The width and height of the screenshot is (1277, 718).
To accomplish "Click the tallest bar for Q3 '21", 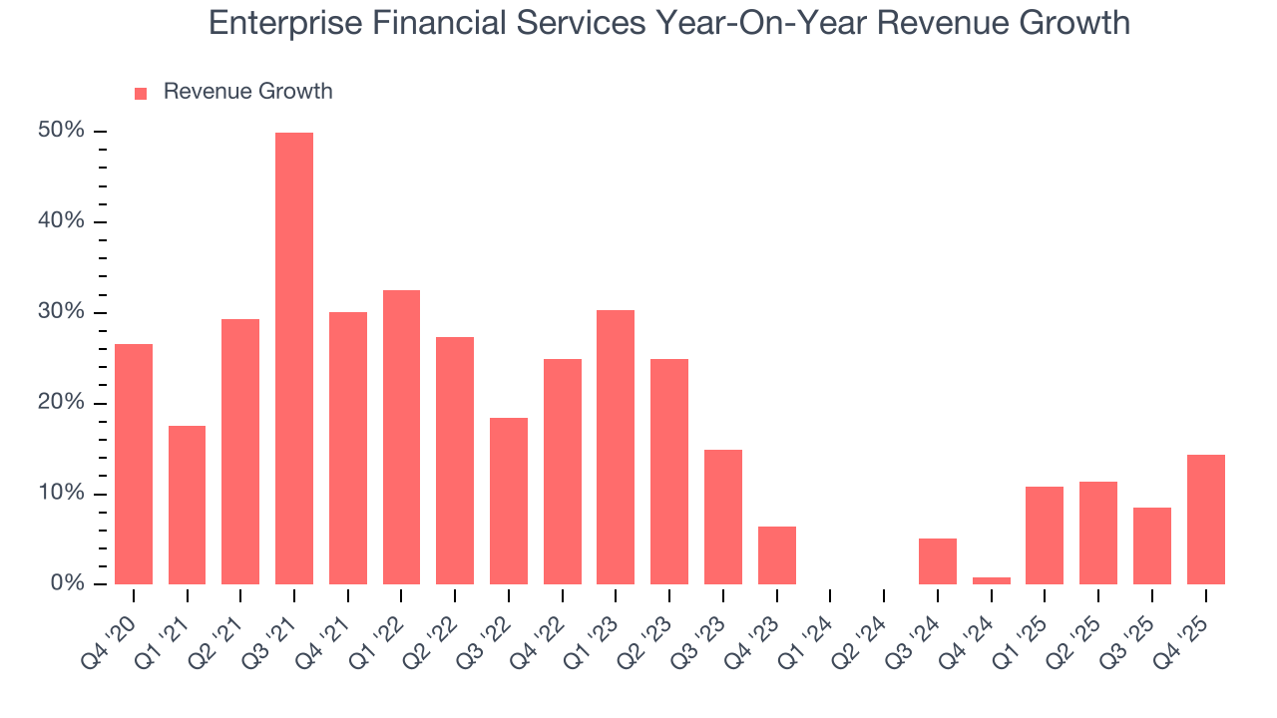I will pyautogui.click(x=294, y=359).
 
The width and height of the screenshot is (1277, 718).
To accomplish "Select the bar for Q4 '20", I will pyautogui.click(x=134, y=465).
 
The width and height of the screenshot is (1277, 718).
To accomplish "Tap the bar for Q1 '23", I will pyautogui.click(x=616, y=448).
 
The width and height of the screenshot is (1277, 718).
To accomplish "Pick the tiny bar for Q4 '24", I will pyautogui.click(x=991, y=580).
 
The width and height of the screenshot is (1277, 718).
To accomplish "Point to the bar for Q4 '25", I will pyautogui.click(x=1205, y=520).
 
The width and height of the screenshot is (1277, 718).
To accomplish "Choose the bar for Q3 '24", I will pyautogui.click(x=938, y=561).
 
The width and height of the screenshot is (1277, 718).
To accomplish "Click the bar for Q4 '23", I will pyautogui.click(x=776, y=555).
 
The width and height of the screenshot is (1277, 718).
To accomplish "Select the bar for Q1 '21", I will pyautogui.click(x=187, y=506).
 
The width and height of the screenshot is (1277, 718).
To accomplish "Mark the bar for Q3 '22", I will pyautogui.click(x=509, y=502).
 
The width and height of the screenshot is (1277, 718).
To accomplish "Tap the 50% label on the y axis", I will pyautogui.click(x=61, y=132).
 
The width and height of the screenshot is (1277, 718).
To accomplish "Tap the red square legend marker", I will pyautogui.click(x=141, y=93).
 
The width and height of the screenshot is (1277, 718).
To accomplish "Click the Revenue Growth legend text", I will pyautogui.click(x=247, y=92).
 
